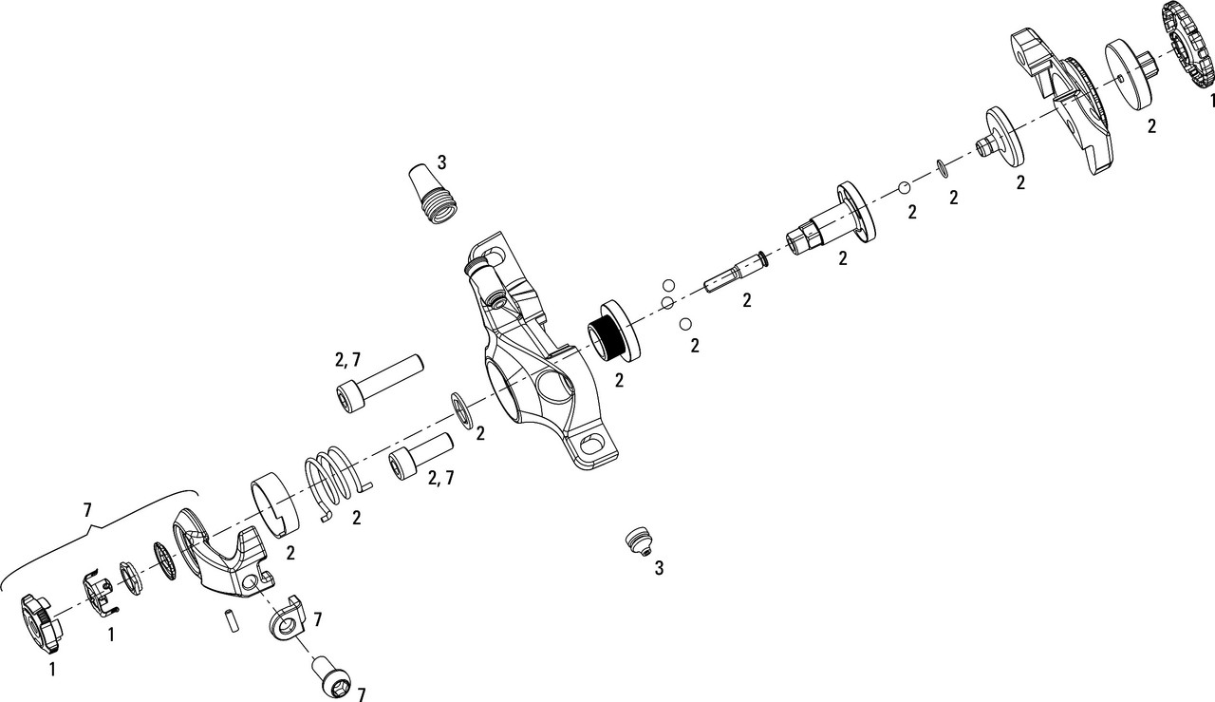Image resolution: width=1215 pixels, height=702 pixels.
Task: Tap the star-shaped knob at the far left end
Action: click(42, 622)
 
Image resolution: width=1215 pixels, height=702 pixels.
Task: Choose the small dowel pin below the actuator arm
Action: click(230, 620)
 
